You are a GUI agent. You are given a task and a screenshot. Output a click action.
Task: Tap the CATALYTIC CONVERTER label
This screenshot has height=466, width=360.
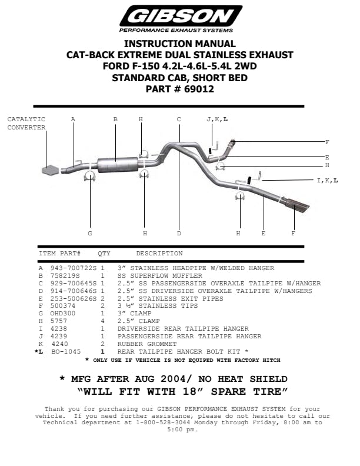pyautogui.click(x=26, y=123)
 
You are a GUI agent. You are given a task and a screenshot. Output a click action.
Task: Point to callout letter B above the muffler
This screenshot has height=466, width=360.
pyautogui.click(x=115, y=119)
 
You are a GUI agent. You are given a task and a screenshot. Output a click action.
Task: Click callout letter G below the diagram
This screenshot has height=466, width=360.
pyautogui.click(x=90, y=234)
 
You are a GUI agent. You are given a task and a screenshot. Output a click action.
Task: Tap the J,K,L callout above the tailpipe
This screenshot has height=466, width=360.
pyautogui.click(x=217, y=119)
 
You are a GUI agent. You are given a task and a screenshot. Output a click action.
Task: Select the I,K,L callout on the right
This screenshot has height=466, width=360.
pyautogui.click(x=327, y=180)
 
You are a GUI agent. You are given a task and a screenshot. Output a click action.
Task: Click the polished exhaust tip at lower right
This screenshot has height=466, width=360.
pyautogui.click(x=297, y=207)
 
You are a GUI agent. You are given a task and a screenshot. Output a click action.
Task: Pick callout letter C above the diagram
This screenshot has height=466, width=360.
pyautogui.click(x=179, y=119)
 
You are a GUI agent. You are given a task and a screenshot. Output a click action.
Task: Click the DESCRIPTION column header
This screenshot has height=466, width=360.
pyautogui.click(x=159, y=254)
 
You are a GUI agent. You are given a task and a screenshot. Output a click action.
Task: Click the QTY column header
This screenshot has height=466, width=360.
pyautogui.click(x=104, y=254)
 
